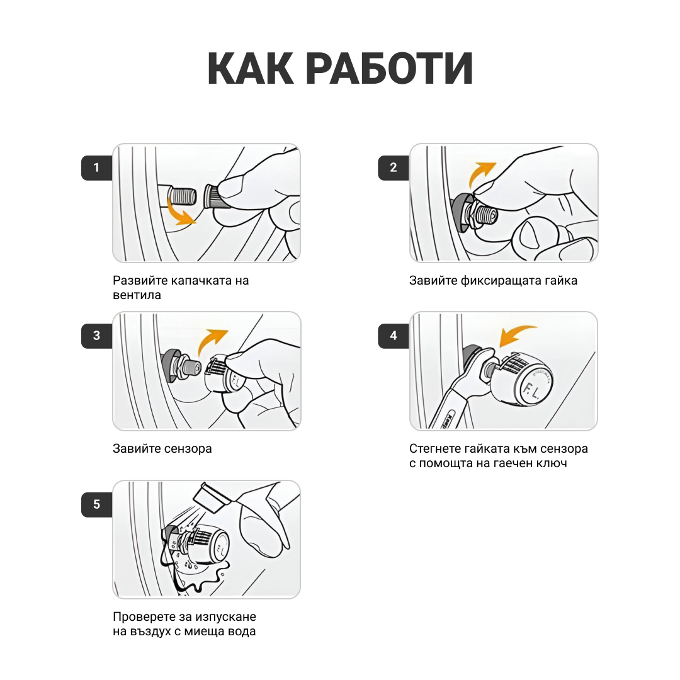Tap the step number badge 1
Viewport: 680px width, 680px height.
coord(96,167)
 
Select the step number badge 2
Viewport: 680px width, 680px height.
coord(394,167)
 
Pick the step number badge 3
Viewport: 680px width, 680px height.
coord(96,336)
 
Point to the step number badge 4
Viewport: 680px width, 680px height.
coord(394,336)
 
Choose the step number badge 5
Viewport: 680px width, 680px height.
coord(96,504)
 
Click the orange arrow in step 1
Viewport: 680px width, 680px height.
coord(180,213)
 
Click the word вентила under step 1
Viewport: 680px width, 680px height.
coord(137,295)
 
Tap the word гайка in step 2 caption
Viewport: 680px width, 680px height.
coord(561,280)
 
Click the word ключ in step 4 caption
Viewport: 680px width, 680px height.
coord(552,463)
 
